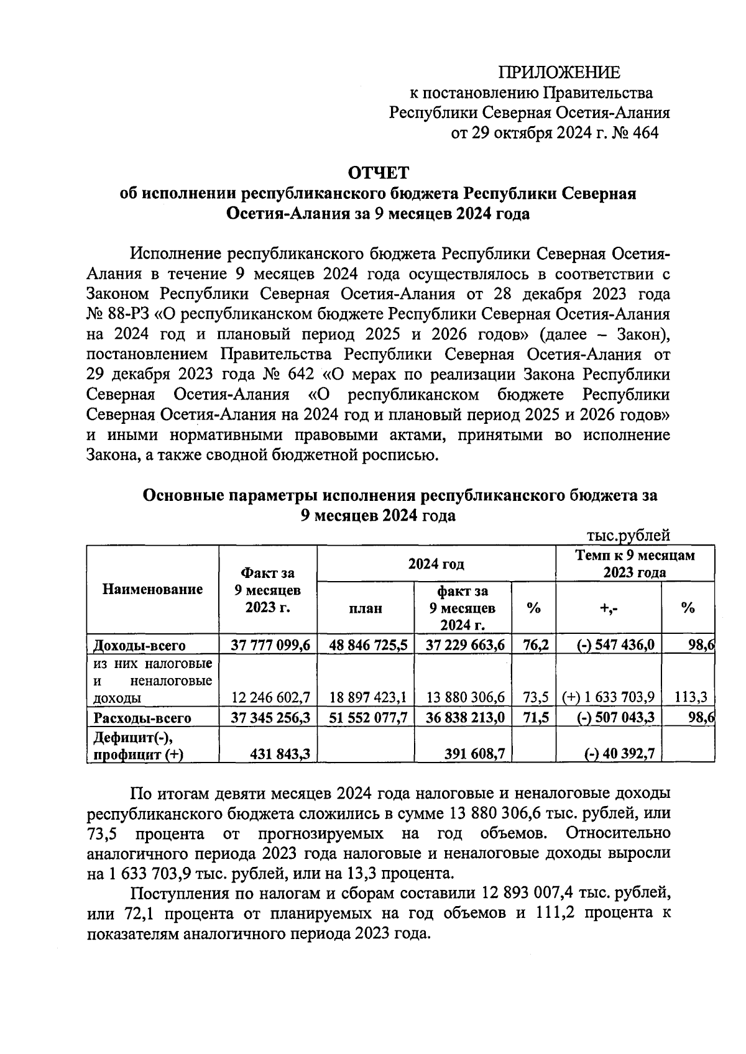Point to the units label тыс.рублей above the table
pos(629,535)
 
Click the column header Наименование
pos(152,589)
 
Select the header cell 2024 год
pos(436,564)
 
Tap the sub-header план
pos(365,608)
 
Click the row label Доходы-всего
pos(139,645)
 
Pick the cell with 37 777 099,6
pos(270,645)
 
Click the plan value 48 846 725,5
pos(369,645)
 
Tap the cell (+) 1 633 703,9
pos(607,697)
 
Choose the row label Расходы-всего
pos(142,718)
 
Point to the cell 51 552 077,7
pos(369,718)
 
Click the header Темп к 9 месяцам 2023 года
pos(635,563)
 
